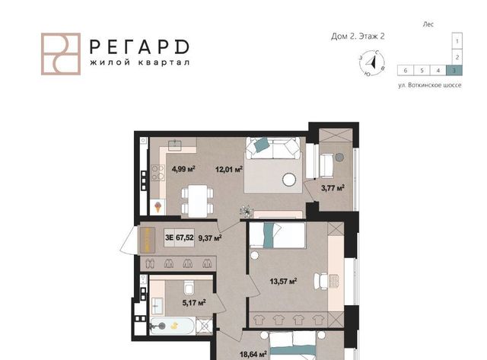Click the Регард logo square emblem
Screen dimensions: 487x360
[x=61, y=54]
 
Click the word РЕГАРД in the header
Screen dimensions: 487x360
[x=139, y=47]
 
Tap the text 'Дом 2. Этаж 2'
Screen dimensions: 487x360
[x=358, y=37]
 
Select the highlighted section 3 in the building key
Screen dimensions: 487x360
[x=454, y=71]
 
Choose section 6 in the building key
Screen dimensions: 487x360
[x=406, y=71]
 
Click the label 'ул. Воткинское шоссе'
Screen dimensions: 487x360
[x=430, y=85]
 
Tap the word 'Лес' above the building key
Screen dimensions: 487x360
[x=428, y=24]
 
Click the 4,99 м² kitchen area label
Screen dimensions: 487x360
[x=183, y=169]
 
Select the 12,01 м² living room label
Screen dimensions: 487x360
[x=229, y=169]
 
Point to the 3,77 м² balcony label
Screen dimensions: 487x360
[x=333, y=188]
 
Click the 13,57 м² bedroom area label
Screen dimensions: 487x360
[x=283, y=282]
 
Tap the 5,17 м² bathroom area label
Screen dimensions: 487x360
[x=194, y=302]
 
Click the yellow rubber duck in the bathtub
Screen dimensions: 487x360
[x=174, y=326]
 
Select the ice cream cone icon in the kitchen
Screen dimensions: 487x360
[x=158, y=207]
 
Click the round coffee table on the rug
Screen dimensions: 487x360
[x=289, y=180]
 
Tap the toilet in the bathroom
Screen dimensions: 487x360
[x=189, y=288]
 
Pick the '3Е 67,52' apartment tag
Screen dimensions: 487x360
[x=180, y=237]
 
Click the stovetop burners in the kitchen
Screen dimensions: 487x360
[x=158, y=173]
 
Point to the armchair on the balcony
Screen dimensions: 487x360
[x=326, y=165]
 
